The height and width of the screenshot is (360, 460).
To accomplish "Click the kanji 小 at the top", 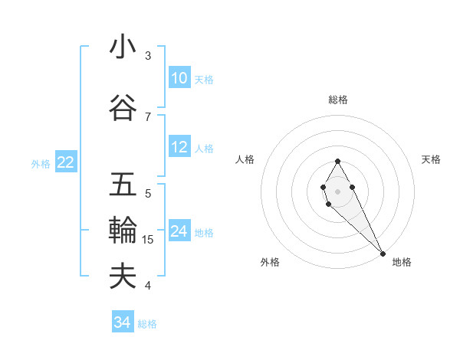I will click(123, 47).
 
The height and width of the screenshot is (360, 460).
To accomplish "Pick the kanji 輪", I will click(123, 230).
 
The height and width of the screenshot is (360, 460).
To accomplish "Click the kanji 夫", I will click(123, 276).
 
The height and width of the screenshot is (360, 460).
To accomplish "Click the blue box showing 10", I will click(179, 78).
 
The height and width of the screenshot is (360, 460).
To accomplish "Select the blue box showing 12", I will click(179, 147).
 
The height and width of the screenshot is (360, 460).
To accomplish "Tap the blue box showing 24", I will click(179, 231).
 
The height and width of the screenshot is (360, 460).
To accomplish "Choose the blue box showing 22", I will click(65, 162).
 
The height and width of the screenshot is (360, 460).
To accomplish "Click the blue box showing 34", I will click(122, 322).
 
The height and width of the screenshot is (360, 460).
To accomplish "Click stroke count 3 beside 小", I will click(148, 56).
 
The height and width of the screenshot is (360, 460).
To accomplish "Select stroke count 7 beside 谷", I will click(148, 116).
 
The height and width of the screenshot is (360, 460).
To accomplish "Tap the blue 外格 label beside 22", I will click(41, 163).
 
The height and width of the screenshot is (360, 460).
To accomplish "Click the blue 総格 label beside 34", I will click(147, 324).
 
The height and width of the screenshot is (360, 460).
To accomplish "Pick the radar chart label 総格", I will click(337, 100).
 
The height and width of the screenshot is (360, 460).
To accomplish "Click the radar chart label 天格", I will click(431, 159).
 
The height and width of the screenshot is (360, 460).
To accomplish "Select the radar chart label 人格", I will click(245, 159).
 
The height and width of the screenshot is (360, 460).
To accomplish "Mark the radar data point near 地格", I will click(383, 253).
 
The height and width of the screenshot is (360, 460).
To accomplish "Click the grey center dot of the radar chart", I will click(337, 191).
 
